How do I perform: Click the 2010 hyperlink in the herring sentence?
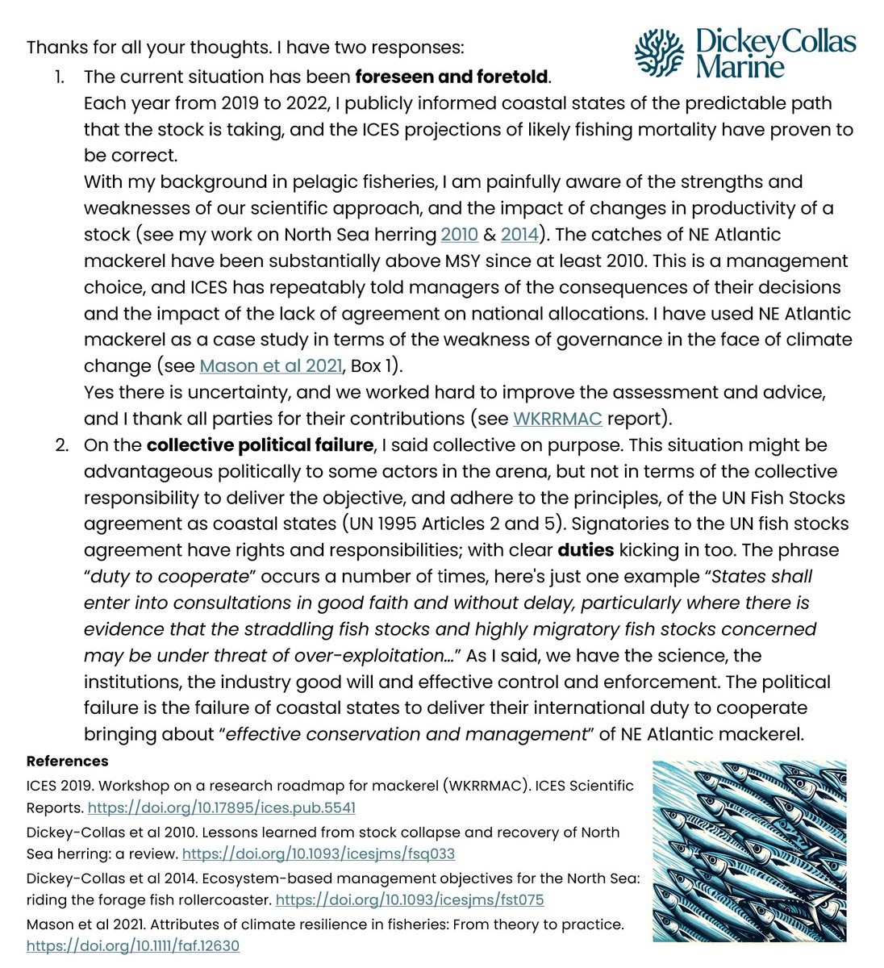click(x=456, y=235)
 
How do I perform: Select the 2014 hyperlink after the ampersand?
click(x=519, y=235)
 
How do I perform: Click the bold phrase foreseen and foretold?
click(x=452, y=77)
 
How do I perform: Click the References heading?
click(x=67, y=761)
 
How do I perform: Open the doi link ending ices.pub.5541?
click(x=221, y=807)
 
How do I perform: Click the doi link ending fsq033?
click(x=319, y=853)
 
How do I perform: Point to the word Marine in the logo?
click(x=740, y=66)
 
